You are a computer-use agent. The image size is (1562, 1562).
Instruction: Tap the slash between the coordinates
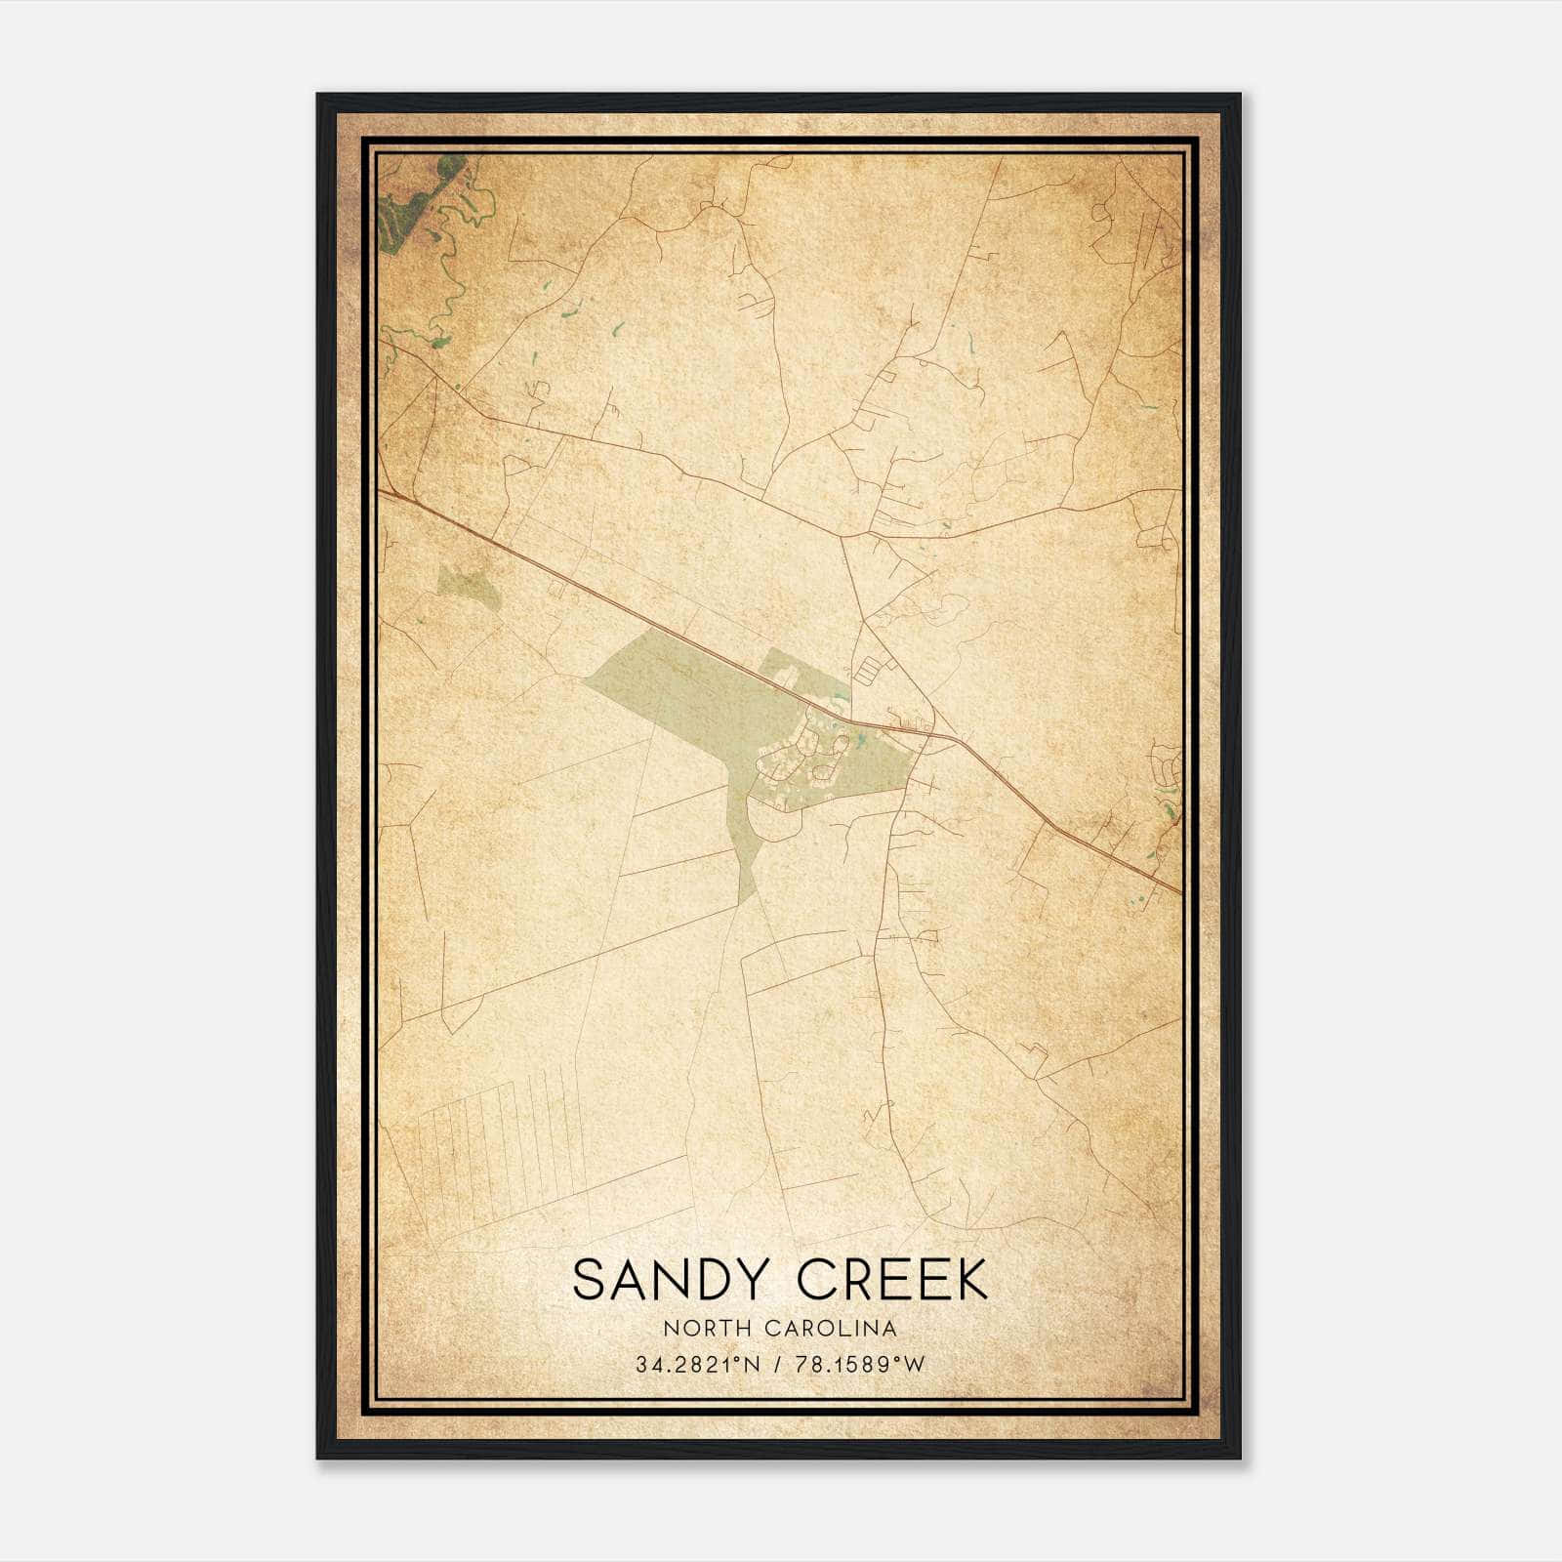point(777,1365)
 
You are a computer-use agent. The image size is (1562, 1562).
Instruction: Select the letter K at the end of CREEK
point(968,1280)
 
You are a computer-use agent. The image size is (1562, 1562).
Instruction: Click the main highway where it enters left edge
point(384,493)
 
